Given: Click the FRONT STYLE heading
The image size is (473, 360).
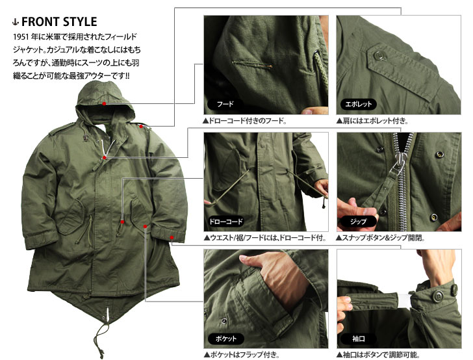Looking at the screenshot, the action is (59, 21).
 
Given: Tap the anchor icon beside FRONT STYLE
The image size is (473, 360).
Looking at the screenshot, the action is (16, 21).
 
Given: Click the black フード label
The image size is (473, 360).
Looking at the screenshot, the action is (225, 104).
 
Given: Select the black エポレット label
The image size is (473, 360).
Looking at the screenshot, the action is (359, 104).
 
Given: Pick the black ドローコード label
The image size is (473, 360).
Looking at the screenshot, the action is (226, 222).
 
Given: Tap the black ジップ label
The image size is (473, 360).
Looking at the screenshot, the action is (359, 222).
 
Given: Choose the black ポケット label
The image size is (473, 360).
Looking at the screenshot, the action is (226, 339).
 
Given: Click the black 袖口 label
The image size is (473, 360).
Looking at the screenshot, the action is (359, 339).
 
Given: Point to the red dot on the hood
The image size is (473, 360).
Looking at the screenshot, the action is (104, 103).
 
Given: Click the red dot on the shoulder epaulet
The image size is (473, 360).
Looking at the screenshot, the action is (141, 127).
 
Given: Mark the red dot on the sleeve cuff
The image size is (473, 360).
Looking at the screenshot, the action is (172, 237).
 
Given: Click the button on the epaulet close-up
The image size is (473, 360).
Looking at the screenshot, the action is (377, 55).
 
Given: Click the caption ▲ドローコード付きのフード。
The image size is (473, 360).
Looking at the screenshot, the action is (245, 121).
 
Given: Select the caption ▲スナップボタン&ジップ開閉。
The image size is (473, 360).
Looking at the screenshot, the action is (381, 238).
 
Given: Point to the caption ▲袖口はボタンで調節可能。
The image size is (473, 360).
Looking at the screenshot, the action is (379, 355).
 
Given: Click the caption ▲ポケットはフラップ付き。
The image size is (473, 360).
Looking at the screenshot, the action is (242, 355).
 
